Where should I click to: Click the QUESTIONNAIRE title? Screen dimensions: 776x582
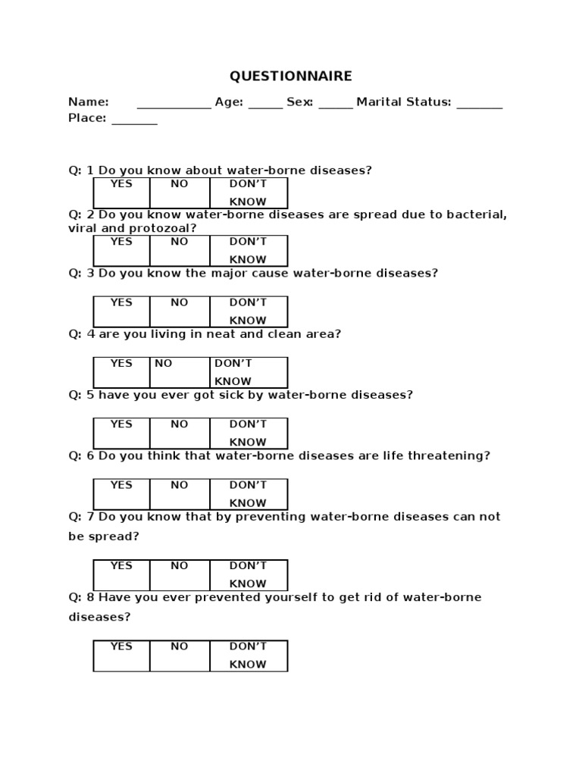pyautogui.click(x=291, y=77)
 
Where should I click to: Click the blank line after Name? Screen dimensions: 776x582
pyautogui.click(x=174, y=106)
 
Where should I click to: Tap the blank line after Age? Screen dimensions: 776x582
pyautogui.click(x=265, y=106)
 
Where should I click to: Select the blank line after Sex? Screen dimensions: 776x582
pyautogui.click(x=336, y=106)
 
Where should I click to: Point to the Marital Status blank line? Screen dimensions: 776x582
pyautogui.click(x=480, y=106)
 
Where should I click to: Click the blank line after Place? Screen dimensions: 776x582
pyautogui.click(x=135, y=122)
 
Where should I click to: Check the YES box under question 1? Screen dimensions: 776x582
pyautogui.click(x=121, y=192)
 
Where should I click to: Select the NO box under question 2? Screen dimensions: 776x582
pyautogui.click(x=180, y=251)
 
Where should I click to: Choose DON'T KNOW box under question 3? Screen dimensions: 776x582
pyautogui.click(x=249, y=311)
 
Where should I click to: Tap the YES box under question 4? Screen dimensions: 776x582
pyautogui.click(x=121, y=372)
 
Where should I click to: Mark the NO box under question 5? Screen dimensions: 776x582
pyautogui.click(x=180, y=433)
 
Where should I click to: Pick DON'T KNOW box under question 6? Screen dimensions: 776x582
pyautogui.click(x=249, y=493)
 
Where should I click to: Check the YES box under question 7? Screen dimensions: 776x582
pyautogui.click(x=121, y=574)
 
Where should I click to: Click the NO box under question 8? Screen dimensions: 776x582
pyautogui.click(x=180, y=656)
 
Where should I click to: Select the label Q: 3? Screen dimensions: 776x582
pyautogui.click(x=81, y=273)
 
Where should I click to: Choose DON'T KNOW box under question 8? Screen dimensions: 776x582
pyautogui.click(x=249, y=656)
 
